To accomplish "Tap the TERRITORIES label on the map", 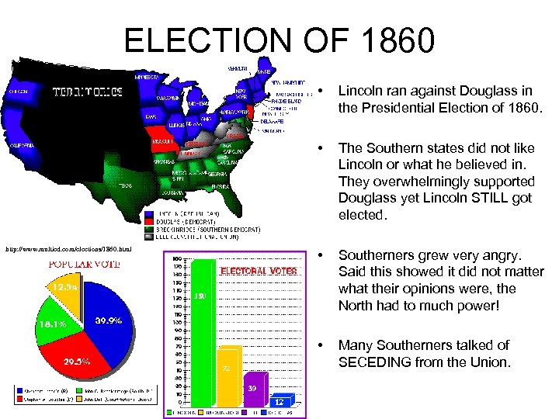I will tap(86, 92).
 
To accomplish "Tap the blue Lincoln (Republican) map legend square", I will tap(149, 213).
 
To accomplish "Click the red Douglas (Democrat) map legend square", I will tap(149, 221).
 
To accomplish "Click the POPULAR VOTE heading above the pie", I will tap(74, 264).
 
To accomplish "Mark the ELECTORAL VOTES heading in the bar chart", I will tap(259, 272).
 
